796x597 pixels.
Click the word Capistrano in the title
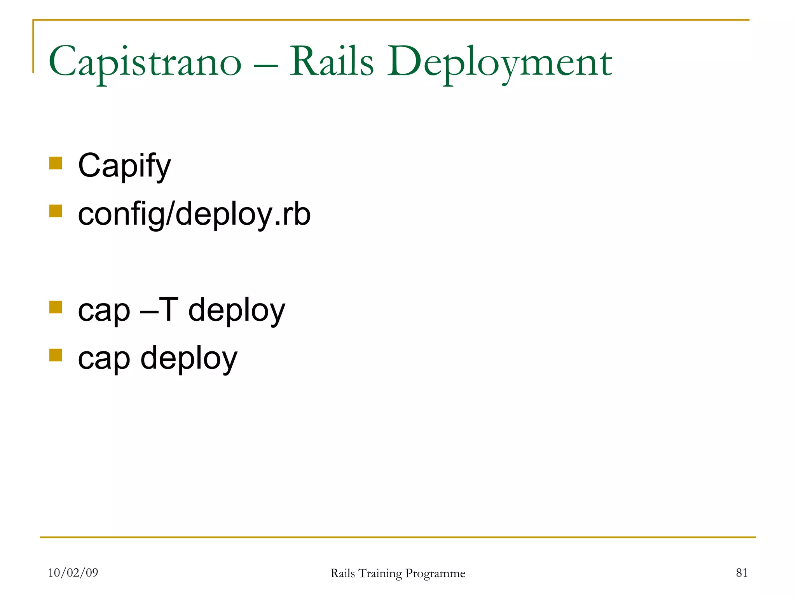click(145, 62)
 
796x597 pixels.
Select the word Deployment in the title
click(499, 62)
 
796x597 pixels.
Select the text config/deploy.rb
click(194, 214)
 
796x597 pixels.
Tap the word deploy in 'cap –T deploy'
click(237, 311)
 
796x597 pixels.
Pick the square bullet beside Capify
click(56, 163)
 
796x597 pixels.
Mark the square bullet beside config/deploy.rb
click(56, 211)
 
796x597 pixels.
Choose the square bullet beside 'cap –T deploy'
click(56, 307)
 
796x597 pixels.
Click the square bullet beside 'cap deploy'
click(56, 355)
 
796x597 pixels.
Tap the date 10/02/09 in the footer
click(73, 573)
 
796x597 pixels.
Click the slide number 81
click(741, 573)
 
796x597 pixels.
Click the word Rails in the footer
click(342, 573)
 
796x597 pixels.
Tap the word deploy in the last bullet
click(189, 359)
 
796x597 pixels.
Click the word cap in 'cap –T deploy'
click(104, 311)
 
